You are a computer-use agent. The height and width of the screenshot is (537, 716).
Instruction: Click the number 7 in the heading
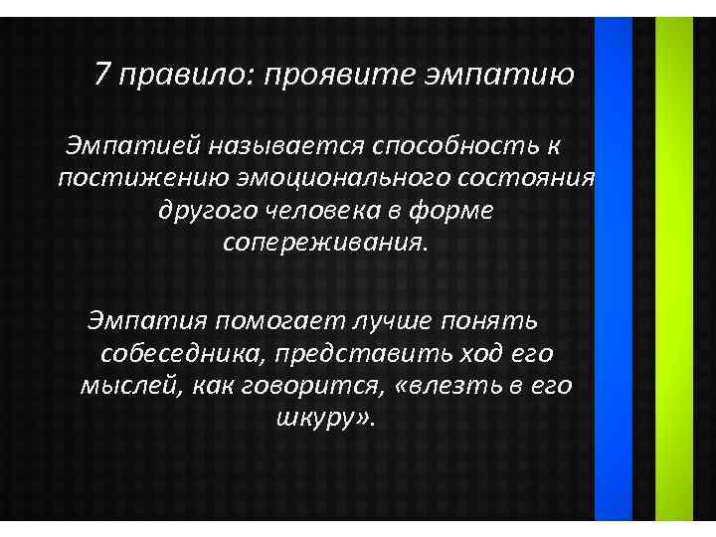(x=102, y=74)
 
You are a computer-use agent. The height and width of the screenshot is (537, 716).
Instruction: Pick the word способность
(x=454, y=146)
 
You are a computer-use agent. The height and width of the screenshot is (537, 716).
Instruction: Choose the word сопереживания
(x=326, y=242)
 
